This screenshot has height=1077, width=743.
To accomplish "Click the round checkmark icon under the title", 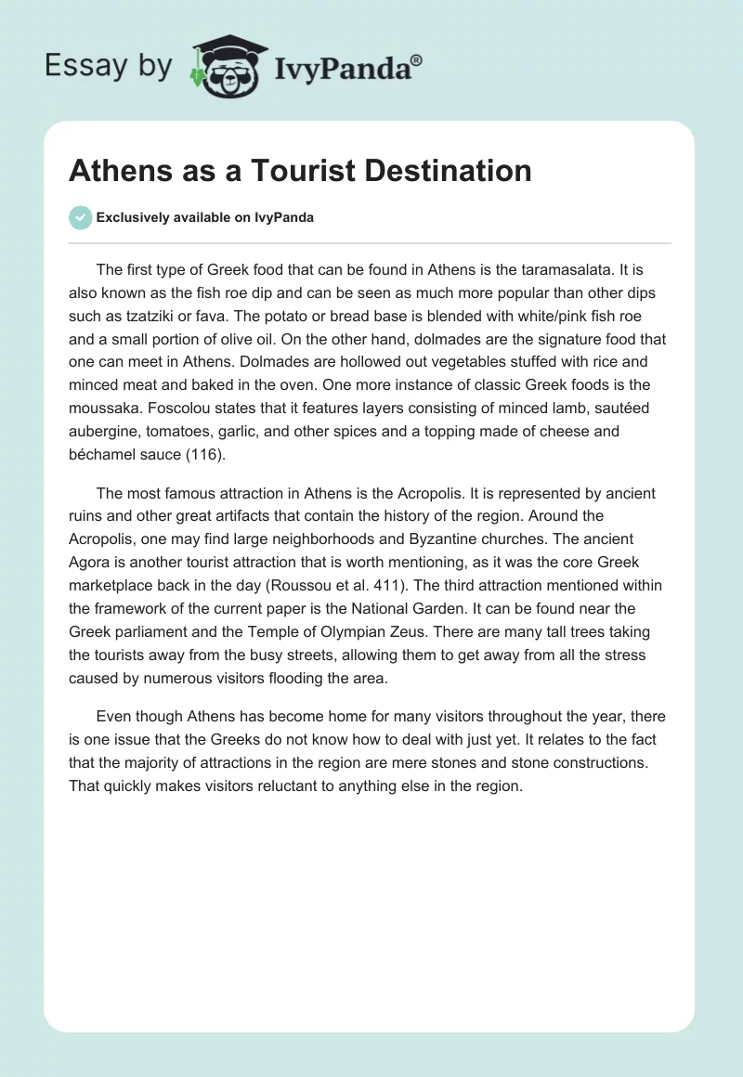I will (x=80, y=217).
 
